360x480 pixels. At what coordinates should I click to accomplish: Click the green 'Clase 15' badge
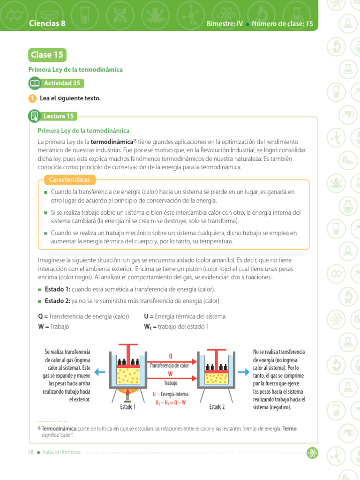tap(47, 55)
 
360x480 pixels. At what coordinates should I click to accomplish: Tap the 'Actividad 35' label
tap(62, 83)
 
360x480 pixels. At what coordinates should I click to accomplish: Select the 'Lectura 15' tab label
tap(59, 116)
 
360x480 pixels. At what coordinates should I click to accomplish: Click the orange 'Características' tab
tap(70, 180)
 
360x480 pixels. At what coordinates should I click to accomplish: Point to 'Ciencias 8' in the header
tap(47, 23)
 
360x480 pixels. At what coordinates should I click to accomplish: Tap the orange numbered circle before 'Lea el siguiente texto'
tap(32, 98)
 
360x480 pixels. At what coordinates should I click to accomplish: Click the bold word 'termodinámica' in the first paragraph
tap(112, 142)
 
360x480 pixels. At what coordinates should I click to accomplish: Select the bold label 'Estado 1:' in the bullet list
tap(57, 290)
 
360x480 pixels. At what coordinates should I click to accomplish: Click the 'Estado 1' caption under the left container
tap(127, 407)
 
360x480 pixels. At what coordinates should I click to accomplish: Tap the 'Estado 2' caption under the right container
tap(217, 407)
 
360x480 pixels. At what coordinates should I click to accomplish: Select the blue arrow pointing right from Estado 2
tap(244, 372)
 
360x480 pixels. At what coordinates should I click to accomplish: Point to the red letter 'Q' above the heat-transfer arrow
tap(171, 356)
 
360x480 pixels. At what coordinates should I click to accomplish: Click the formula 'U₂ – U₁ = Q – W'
tap(171, 402)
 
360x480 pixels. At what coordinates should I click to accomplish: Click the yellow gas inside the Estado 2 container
tap(217, 378)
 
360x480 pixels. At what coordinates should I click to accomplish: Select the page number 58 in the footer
tap(30, 452)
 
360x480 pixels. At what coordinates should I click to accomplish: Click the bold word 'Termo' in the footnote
tap(289, 428)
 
